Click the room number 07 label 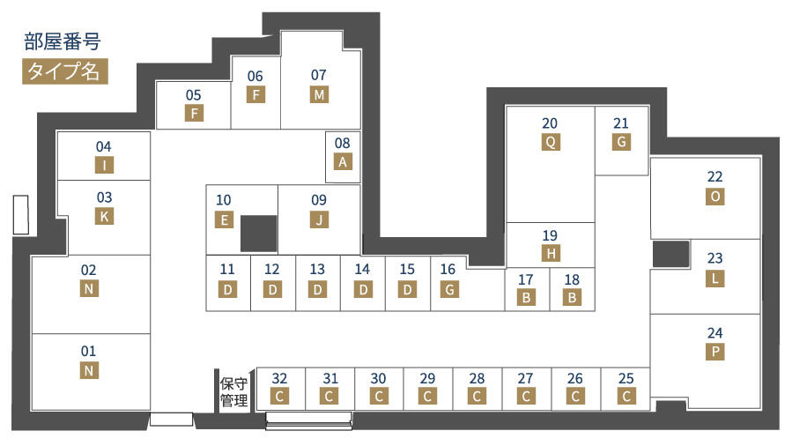point(318,75)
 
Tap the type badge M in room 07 point(319,94)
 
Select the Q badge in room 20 point(551,142)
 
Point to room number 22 point(714,177)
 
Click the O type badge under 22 point(715,197)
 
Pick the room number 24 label point(714,333)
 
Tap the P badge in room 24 point(715,352)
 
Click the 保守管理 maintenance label point(233,392)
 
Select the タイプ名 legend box point(64,71)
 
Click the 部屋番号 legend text point(63,41)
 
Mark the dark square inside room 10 point(259,234)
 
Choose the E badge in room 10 point(224,220)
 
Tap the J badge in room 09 point(319,219)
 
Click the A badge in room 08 point(343,162)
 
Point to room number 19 point(550,235)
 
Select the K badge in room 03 point(104,217)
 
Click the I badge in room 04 point(104,165)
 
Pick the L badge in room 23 point(715,279)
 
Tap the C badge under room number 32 point(279,397)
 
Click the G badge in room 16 point(449,289)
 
